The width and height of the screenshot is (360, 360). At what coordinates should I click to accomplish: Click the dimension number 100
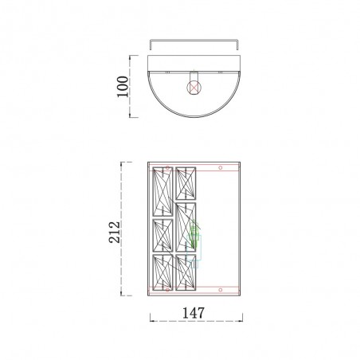click(x=123, y=87)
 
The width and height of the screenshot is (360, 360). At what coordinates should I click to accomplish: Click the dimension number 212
click(x=115, y=232)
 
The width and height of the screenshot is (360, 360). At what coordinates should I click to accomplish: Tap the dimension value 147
click(x=194, y=313)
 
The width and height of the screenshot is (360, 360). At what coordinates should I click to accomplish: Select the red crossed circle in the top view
click(x=194, y=88)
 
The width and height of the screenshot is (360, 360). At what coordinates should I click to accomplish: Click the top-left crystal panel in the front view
click(x=162, y=191)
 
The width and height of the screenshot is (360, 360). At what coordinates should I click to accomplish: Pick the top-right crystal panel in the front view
click(x=186, y=183)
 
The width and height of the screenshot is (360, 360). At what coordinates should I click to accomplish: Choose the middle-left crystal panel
click(x=162, y=236)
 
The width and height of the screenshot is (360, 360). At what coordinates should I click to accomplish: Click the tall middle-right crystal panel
click(x=186, y=227)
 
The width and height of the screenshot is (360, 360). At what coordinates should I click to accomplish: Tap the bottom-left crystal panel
click(x=162, y=272)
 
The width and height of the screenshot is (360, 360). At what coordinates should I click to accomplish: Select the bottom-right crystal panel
click(x=186, y=272)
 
